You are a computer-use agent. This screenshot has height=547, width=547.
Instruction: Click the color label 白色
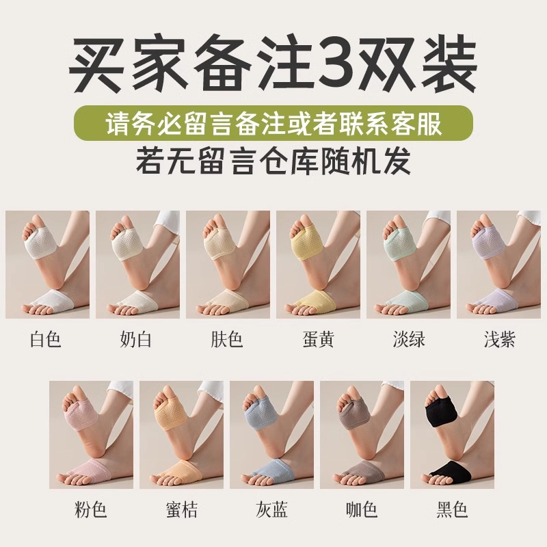point(46,338)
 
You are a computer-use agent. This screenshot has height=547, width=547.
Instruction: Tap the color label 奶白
point(137,338)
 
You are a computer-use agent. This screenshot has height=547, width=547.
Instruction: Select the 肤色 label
point(228,338)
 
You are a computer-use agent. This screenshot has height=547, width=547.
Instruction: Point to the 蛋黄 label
point(318,338)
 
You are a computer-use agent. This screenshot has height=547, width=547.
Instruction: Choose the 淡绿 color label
point(408,338)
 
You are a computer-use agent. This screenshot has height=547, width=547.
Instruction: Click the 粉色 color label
point(91,509)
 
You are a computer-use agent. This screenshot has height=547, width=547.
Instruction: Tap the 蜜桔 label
point(181,509)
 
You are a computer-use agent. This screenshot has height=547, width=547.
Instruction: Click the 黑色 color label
point(453,509)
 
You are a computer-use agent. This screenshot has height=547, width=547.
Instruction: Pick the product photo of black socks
point(453,435)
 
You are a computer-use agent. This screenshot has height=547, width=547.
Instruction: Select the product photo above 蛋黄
point(318,264)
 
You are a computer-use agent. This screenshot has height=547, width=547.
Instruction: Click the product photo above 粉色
point(91,435)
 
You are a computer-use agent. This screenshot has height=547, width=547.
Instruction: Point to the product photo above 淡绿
point(408,264)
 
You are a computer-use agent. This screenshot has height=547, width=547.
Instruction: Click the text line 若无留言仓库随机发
point(273,162)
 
